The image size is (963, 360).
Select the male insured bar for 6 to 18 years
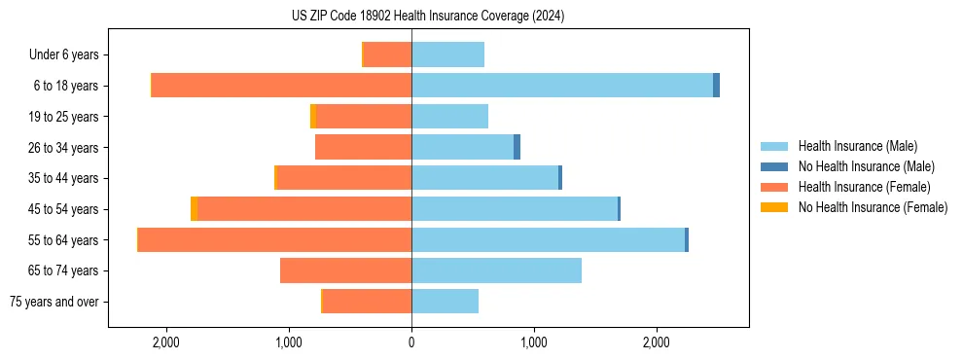[x=562, y=86]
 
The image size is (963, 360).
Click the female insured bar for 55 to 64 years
[x=275, y=239]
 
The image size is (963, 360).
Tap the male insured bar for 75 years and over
[x=445, y=302]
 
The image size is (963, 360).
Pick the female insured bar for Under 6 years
[x=387, y=54]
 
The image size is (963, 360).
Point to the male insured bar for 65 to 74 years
[x=496, y=270]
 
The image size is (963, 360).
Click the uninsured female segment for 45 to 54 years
[x=195, y=209]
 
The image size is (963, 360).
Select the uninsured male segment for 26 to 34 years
[x=517, y=147]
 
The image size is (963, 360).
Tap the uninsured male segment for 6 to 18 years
[x=717, y=86]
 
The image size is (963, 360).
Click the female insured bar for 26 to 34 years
[x=363, y=147]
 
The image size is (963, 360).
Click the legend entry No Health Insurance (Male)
[x=865, y=166]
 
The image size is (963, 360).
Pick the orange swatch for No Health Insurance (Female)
[x=774, y=207]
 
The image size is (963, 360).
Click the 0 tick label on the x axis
[x=411, y=342]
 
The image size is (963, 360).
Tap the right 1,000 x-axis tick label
[x=534, y=342]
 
